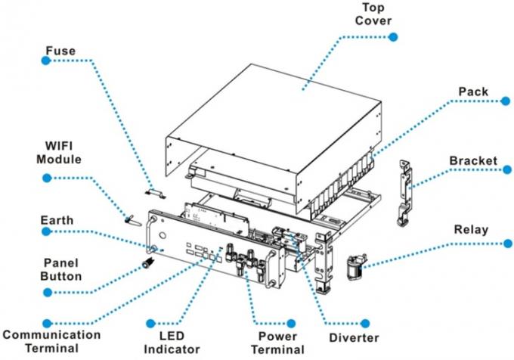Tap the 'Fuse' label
pos(61,51)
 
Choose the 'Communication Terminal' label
pos(51,340)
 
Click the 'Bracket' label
pos(473,162)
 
